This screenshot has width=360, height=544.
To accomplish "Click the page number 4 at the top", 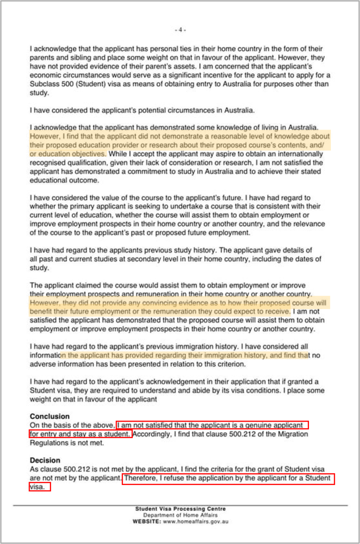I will (180, 30).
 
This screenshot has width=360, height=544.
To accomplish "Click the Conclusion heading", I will (50, 416).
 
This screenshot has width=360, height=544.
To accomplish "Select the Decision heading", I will (45, 460).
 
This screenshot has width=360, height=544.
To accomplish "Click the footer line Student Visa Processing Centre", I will (180, 509).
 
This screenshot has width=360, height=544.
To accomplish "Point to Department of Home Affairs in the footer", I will (180, 515).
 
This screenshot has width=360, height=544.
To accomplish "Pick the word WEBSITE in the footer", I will (147, 521).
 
